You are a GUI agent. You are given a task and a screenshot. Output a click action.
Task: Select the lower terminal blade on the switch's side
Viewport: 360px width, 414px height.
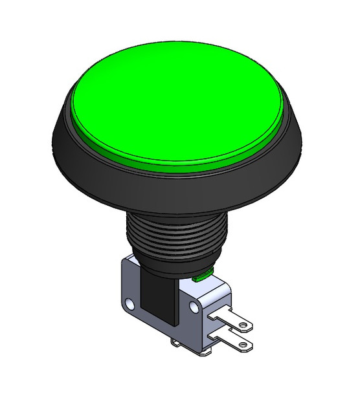click(x=233, y=343)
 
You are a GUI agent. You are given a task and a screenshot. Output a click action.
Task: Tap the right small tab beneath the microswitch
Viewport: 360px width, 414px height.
click(x=203, y=353)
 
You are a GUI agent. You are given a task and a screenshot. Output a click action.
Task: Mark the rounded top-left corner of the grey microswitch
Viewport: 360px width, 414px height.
click(x=126, y=259)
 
